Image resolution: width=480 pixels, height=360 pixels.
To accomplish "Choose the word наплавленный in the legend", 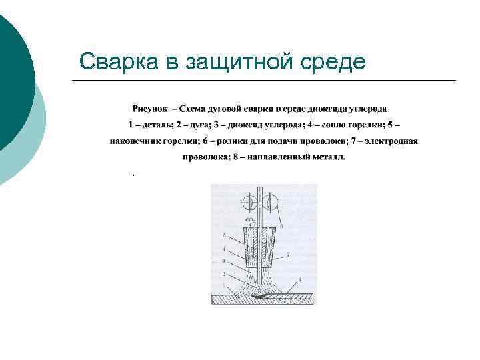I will click(277, 157).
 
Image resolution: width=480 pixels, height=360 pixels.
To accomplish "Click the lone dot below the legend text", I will click(133, 175).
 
